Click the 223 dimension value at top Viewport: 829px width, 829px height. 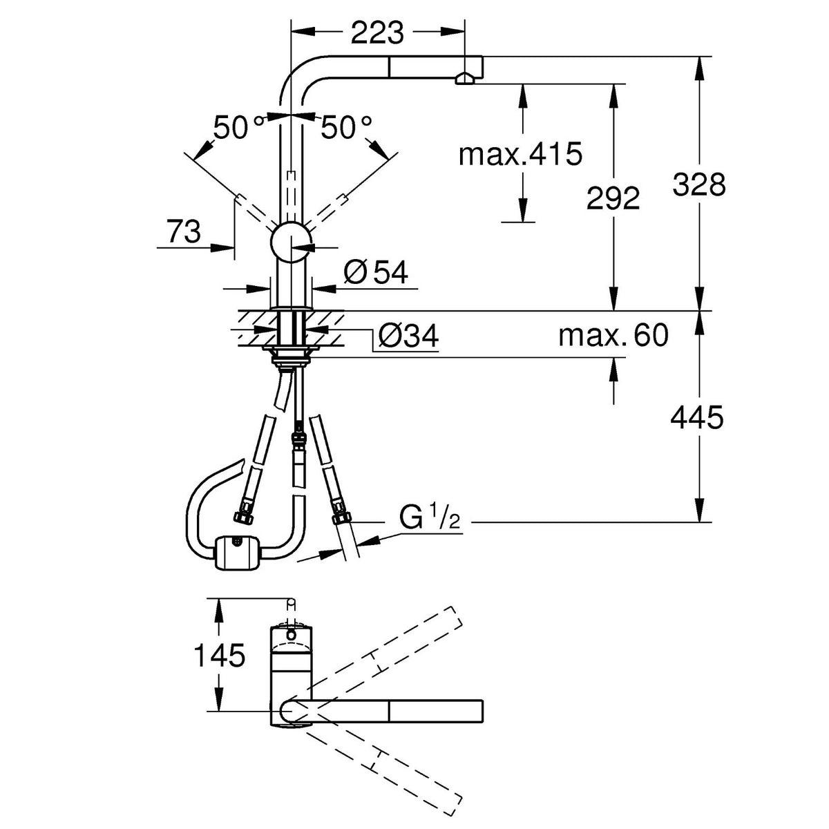(x=377, y=32)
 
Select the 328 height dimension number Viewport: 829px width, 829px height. (x=699, y=184)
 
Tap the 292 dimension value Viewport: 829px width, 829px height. (x=613, y=198)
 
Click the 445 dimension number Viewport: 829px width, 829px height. (x=697, y=417)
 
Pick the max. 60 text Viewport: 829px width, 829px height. (x=613, y=335)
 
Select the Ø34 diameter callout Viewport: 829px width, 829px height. (x=408, y=336)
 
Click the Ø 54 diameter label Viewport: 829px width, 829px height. (x=376, y=272)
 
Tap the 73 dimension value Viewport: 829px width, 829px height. (x=184, y=231)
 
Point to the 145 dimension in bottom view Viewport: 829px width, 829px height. (x=220, y=656)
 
